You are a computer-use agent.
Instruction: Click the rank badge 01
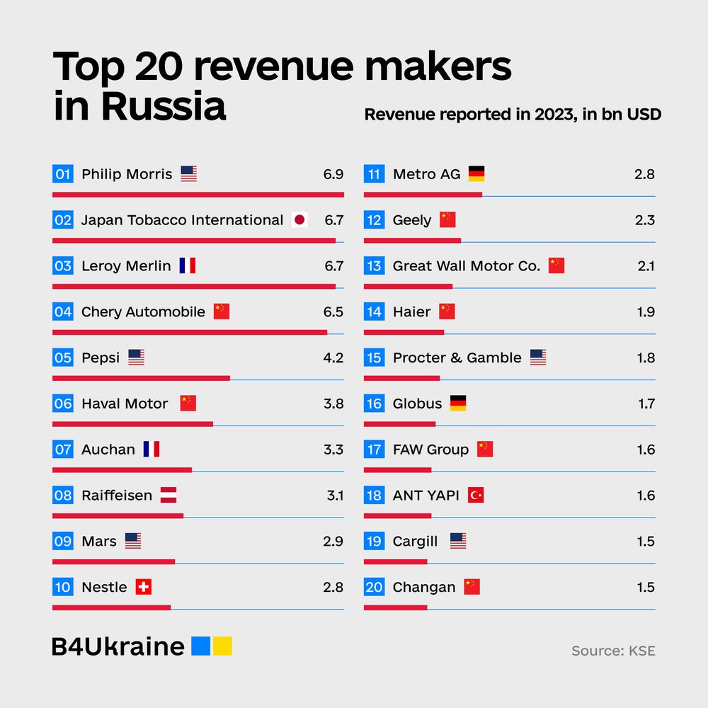(x=63, y=174)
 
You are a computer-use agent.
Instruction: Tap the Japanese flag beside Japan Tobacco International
(x=299, y=220)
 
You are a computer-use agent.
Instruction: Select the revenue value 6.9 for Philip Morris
(x=333, y=174)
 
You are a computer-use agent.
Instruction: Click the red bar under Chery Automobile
(x=190, y=332)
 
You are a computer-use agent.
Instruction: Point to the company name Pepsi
(x=101, y=358)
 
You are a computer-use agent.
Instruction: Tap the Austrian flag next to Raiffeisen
(x=169, y=496)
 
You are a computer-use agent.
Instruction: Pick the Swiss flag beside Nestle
(x=144, y=587)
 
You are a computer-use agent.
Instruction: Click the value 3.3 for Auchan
(x=333, y=450)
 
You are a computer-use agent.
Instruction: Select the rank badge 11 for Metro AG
(x=375, y=174)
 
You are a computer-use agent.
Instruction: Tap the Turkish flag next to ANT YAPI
(x=476, y=496)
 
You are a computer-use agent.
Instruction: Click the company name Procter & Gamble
(x=457, y=358)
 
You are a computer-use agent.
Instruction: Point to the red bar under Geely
(x=412, y=240)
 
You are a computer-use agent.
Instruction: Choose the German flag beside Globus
(x=458, y=404)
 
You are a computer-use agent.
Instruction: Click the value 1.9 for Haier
(x=646, y=312)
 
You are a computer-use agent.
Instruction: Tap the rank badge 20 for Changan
(x=375, y=587)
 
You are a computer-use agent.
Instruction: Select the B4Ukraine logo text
(x=118, y=646)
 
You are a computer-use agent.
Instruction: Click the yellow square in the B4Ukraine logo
(x=223, y=646)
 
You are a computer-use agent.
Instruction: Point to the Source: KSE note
(x=613, y=651)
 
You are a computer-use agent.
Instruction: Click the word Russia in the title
(x=163, y=107)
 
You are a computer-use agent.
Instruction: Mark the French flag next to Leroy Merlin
(x=188, y=266)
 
